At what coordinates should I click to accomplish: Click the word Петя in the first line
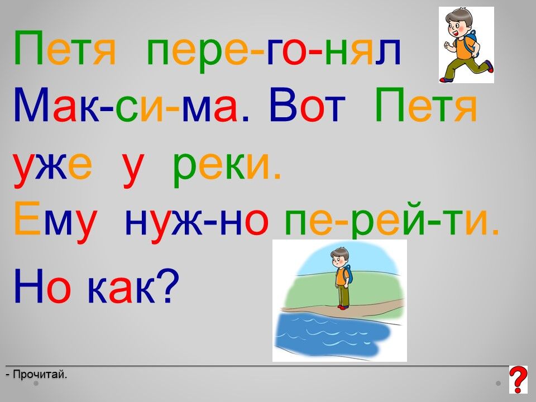[65, 48]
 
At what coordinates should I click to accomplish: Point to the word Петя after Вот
[426, 104]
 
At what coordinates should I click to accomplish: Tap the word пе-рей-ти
[392, 219]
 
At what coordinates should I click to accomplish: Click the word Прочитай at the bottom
[40, 375]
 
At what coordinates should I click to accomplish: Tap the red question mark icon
[518, 380]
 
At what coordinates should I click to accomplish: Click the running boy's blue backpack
[472, 43]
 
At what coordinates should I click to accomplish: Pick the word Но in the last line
[42, 286]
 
